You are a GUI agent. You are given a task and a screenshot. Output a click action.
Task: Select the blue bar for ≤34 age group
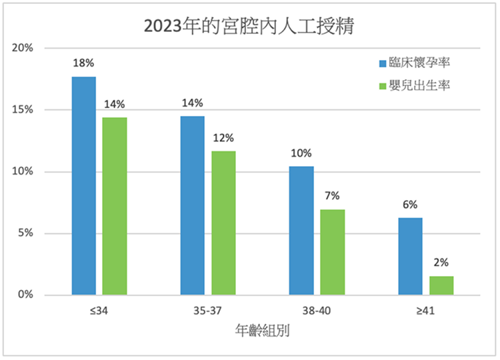coord(84,186)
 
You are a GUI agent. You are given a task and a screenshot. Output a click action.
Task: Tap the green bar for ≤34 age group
coord(115,206)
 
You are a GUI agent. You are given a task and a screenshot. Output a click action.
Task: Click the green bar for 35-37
coord(223,223)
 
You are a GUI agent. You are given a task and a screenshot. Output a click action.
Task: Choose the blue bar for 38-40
coord(301,230)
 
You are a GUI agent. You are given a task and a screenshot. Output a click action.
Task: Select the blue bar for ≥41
coord(410,256)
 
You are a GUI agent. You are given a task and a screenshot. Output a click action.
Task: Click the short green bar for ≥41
coord(441,285)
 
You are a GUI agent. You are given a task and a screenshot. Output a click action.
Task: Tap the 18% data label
coord(84,63)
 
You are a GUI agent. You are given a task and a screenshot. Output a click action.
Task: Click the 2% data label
coord(441,263)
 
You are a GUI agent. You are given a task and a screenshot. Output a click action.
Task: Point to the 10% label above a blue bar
coord(301,153)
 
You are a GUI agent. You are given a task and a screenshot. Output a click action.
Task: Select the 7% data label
coord(332,196)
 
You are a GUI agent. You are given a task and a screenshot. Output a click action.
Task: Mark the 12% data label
coord(223,138)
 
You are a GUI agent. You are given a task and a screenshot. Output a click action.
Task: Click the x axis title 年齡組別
coord(262,329)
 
